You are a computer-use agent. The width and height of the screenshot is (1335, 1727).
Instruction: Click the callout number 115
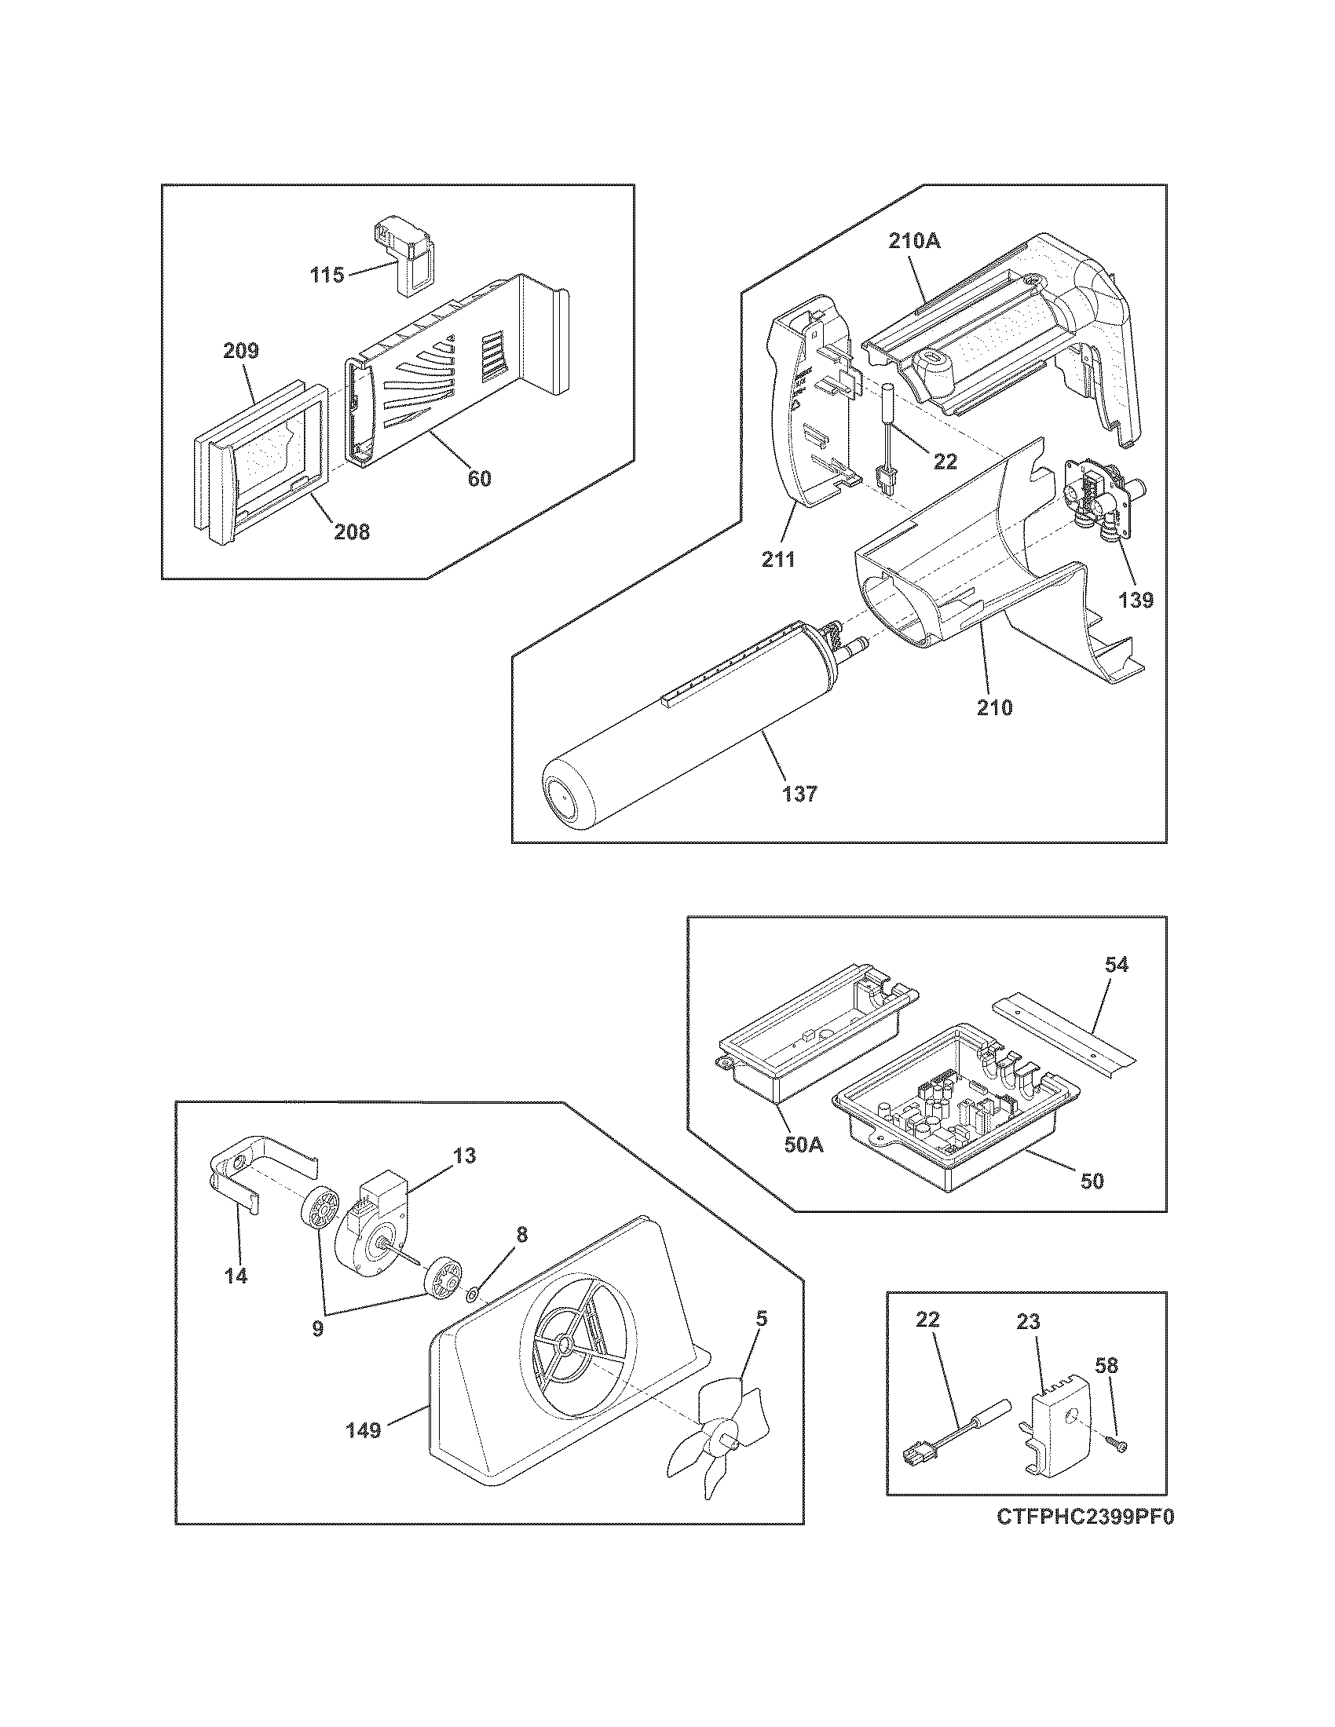click(x=327, y=276)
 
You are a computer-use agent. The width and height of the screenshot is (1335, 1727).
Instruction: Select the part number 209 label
click(x=240, y=351)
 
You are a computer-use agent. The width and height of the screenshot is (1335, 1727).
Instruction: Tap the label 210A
click(x=914, y=242)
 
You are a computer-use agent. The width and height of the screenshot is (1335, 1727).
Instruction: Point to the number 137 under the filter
click(x=800, y=792)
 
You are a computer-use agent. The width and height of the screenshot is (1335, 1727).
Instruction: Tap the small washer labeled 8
click(x=472, y=1294)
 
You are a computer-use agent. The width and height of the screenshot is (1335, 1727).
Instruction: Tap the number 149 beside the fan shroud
click(x=364, y=1429)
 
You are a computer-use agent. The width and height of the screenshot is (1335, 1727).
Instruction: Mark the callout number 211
click(x=778, y=560)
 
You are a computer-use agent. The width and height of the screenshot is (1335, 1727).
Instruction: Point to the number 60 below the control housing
click(x=479, y=478)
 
